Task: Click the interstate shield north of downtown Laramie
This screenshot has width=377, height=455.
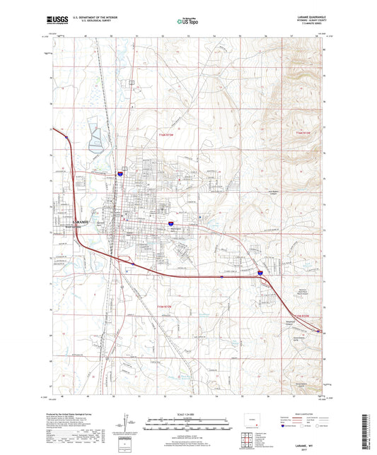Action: click(x=121, y=172)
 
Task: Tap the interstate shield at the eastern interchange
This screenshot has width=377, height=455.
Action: click(x=259, y=271)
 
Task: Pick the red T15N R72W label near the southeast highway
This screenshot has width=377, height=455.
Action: click(x=301, y=315)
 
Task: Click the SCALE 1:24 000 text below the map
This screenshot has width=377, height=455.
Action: click(x=188, y=413)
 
